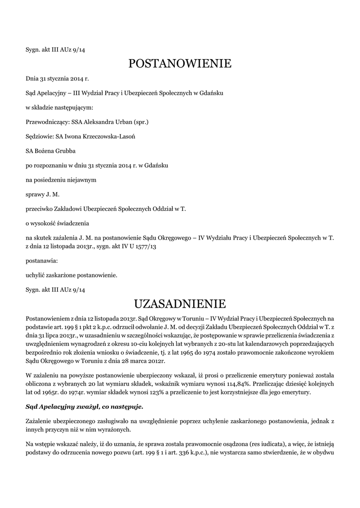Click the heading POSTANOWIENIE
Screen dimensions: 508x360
[x=180, y=63]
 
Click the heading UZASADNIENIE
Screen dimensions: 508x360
[x=180, y=303]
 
